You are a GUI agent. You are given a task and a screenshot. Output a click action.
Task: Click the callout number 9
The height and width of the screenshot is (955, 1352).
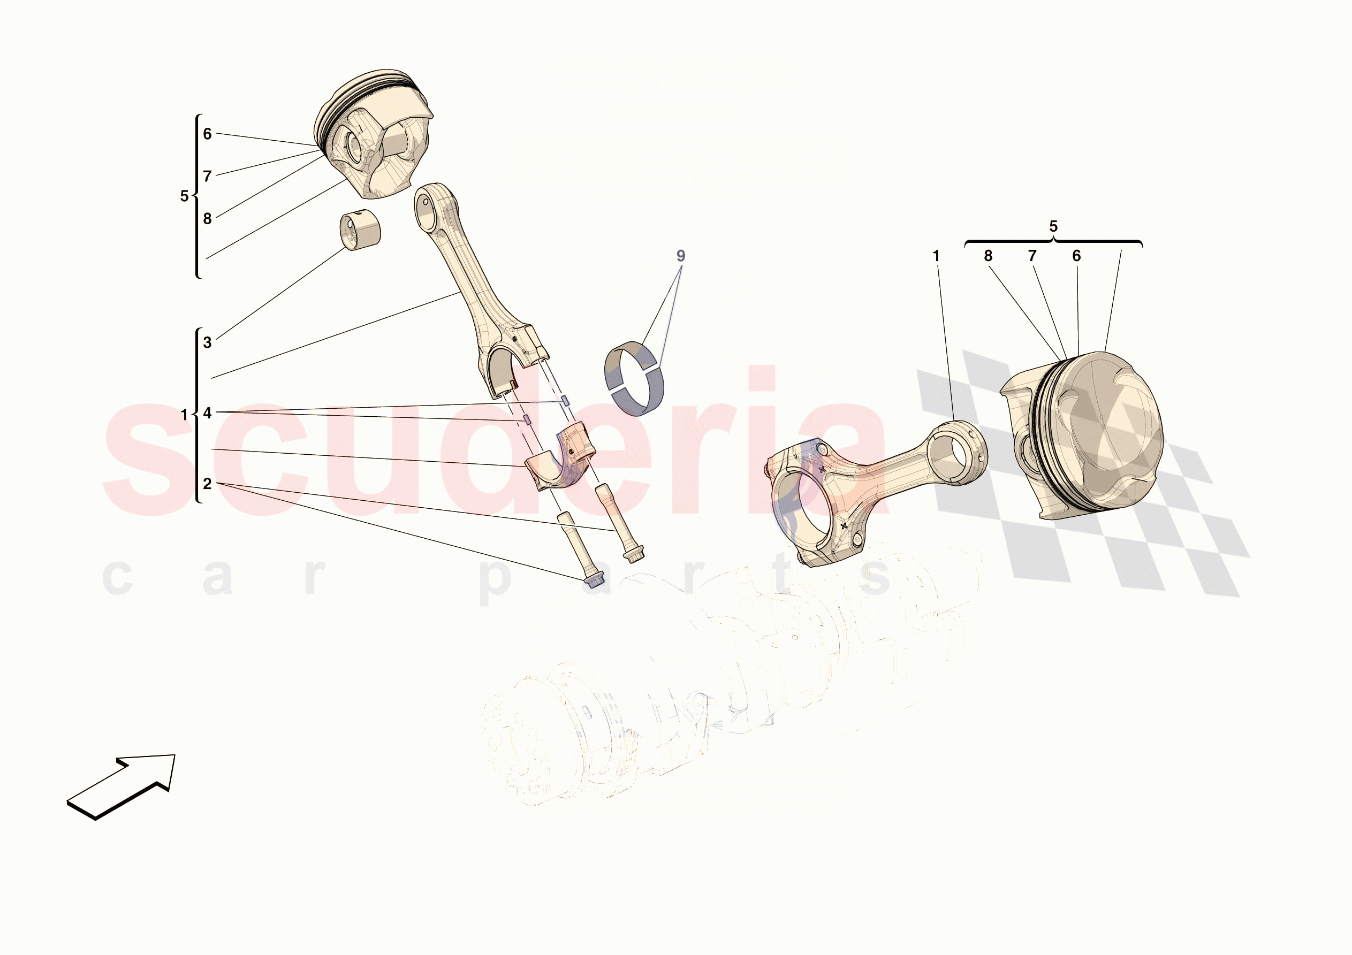pos(681,256)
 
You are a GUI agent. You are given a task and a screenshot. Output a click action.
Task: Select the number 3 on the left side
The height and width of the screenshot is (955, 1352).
pos(207,342)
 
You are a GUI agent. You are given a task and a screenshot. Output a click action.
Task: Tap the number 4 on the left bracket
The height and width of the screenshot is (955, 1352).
pos(207,414)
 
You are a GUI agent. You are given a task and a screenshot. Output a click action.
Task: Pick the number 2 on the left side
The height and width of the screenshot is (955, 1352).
pos(207,484)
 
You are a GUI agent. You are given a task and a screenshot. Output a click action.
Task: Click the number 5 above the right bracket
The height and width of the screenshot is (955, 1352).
pos(1053,227)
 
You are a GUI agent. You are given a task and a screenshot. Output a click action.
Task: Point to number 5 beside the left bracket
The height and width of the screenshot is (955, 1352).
pos(184,196)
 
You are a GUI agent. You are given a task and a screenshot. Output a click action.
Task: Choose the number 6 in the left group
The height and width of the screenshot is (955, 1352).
pos(207,134)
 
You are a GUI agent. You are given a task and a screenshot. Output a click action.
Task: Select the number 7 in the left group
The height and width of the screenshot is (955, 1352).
pos(207,177)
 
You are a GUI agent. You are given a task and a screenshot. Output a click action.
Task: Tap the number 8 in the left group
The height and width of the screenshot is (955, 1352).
pos(207,219)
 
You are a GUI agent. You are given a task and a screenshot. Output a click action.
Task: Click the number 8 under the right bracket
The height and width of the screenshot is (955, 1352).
pos(988,256)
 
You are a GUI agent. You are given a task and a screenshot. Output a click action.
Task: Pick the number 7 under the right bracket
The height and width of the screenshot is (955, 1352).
pos(1032,256)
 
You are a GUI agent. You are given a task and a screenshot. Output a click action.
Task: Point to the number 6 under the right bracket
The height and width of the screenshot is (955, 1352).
pos(1076,256)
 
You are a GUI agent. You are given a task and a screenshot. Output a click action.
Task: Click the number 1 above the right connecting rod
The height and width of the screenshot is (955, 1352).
pos(936,256)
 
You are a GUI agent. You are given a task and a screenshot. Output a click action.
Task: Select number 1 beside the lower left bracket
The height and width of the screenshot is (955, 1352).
pos(184,415)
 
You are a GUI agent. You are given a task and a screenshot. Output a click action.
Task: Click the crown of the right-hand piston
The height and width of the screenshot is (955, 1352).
pos(1107,430)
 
